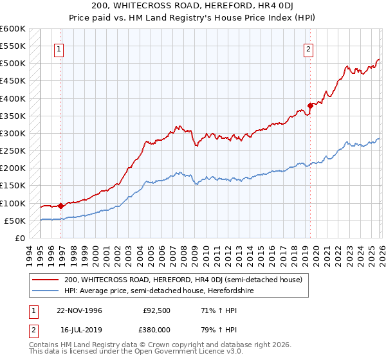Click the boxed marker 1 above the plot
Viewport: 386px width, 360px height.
[x=59, y=49]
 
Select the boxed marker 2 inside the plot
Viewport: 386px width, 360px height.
[x=308, y=49]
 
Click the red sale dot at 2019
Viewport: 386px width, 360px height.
[x=310, y=105]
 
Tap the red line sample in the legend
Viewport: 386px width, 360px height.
[x=46, y=280]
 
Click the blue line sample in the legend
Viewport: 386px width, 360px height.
[x=46, y=291]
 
